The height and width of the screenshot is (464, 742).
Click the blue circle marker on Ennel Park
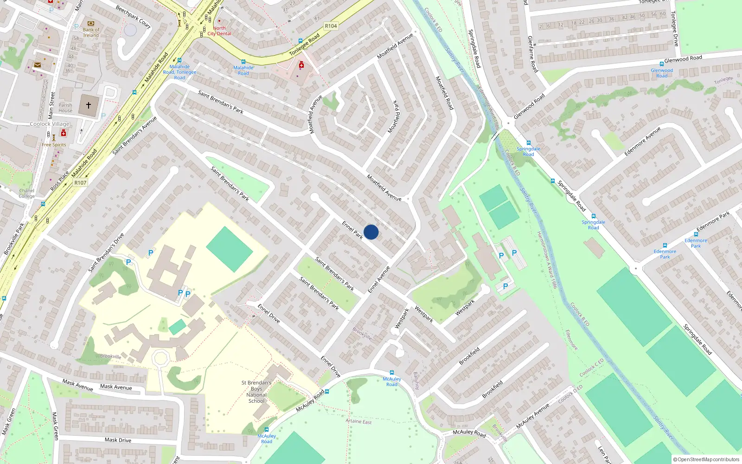pos(371,232)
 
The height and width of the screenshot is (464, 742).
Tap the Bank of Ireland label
pos(91,32)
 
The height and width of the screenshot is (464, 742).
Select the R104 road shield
pos(331,26)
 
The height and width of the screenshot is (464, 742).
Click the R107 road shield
pos(80,183)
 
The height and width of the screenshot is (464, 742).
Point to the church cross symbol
pos(88,105)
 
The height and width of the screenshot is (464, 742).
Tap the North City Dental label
pos(219,31)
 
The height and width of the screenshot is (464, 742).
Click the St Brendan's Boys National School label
pos(256,392)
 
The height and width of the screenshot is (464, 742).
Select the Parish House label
pos(65,108)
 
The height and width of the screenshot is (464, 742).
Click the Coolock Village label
pos(50,124)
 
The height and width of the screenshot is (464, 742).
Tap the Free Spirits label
pos(54,145)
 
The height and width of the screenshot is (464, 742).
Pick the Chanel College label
pos(27,193)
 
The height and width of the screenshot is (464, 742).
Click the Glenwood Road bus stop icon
pos(662,64)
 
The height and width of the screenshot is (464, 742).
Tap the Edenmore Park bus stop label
pos(665,254)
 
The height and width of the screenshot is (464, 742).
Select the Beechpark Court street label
pos(133,17)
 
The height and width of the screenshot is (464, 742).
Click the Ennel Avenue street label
pos(379,279)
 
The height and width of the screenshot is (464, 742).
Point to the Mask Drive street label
pos(118,440)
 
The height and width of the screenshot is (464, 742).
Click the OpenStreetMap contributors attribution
pos(707,459)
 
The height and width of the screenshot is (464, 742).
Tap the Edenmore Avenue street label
pos(642,141)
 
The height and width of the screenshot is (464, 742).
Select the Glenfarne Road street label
pos(533,54)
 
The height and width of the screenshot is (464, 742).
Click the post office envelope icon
pos(38,65)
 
